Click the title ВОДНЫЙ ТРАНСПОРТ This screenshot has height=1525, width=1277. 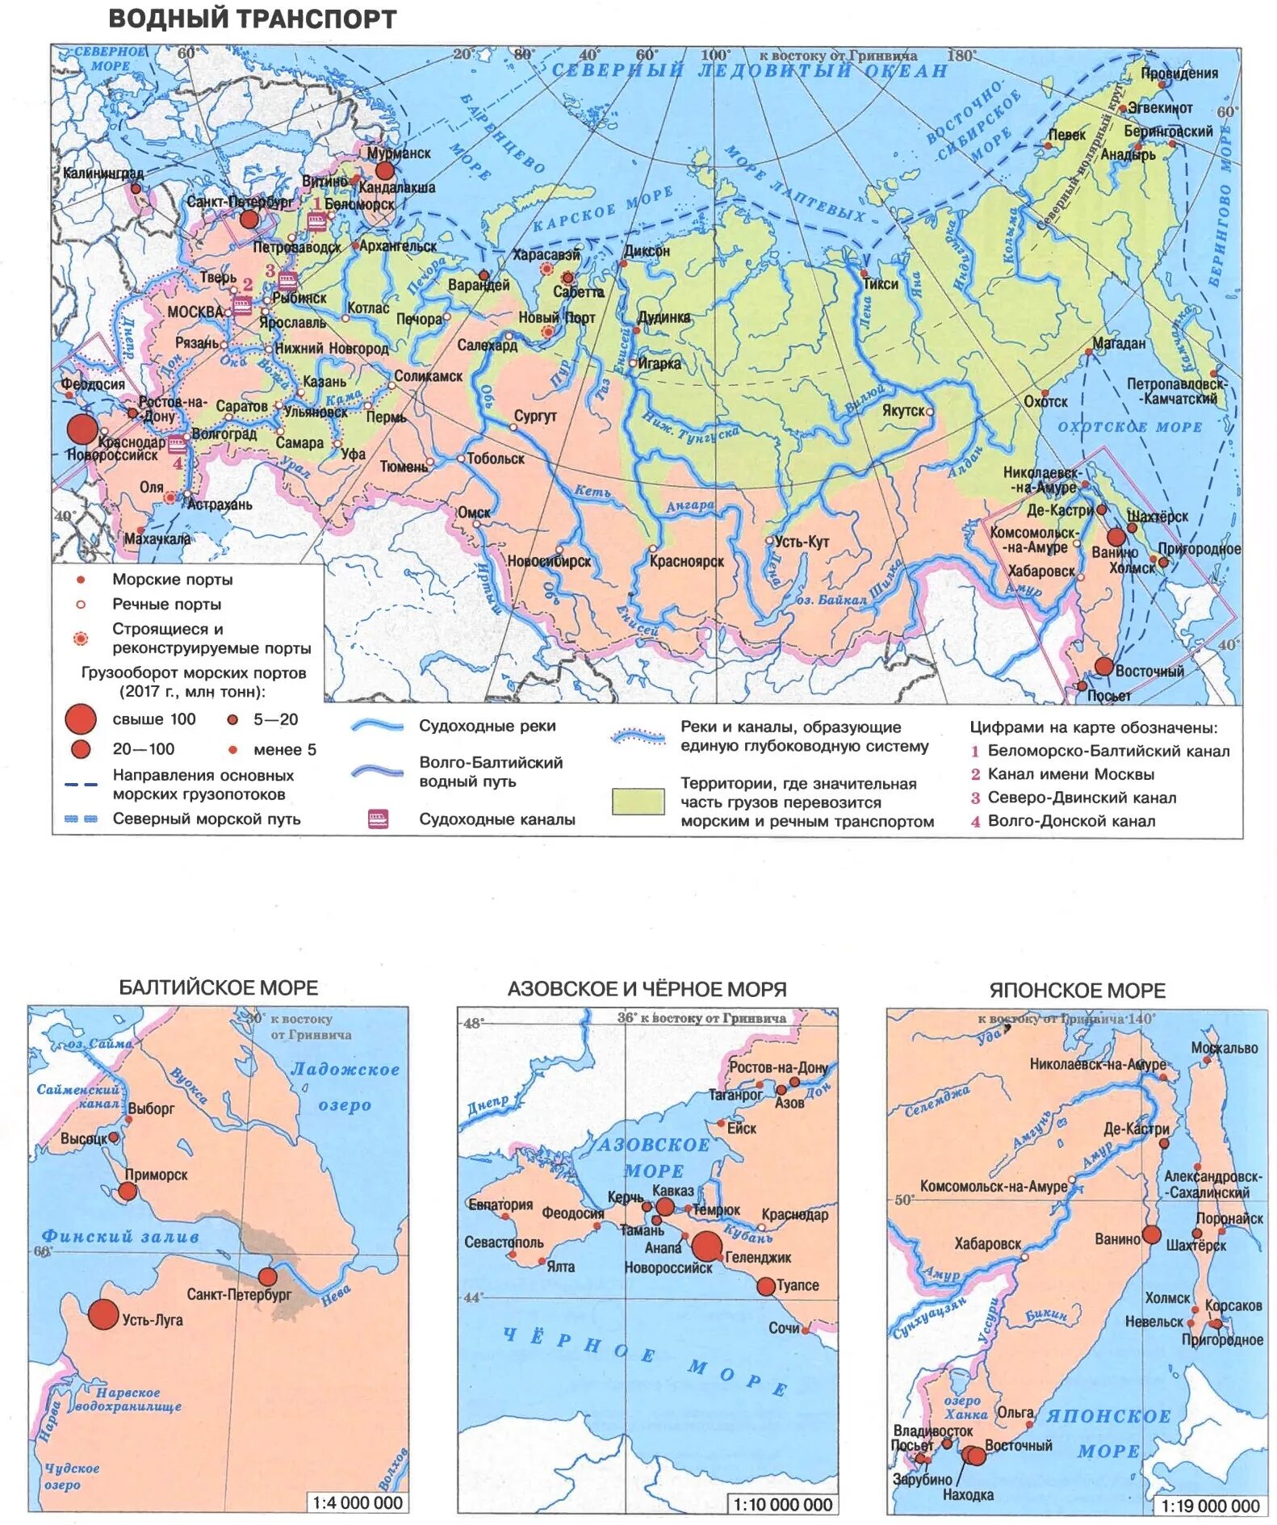252,19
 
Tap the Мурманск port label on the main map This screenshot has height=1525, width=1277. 399,153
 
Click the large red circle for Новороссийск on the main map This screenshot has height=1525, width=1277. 82,429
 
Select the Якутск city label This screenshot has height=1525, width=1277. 903,410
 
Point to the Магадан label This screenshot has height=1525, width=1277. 1119,343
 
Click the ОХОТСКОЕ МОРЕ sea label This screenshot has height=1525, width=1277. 1130,427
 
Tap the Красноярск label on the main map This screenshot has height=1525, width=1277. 687,561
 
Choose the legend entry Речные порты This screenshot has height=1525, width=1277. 166,604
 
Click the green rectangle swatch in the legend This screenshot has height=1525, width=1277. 638,802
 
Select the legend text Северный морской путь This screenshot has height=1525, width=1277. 206,819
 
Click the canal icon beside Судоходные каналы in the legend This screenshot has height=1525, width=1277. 378,819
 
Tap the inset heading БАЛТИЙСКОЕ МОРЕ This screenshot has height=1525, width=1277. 218,987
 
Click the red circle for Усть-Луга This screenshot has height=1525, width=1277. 103,1314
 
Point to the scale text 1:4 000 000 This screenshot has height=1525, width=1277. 357,1502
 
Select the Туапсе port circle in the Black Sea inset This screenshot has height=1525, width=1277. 765,1286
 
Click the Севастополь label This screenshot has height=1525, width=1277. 504,1242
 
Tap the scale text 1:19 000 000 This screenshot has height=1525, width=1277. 1209,1506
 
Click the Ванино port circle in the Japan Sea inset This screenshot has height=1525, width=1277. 1152,1234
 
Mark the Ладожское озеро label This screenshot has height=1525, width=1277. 345,1087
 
